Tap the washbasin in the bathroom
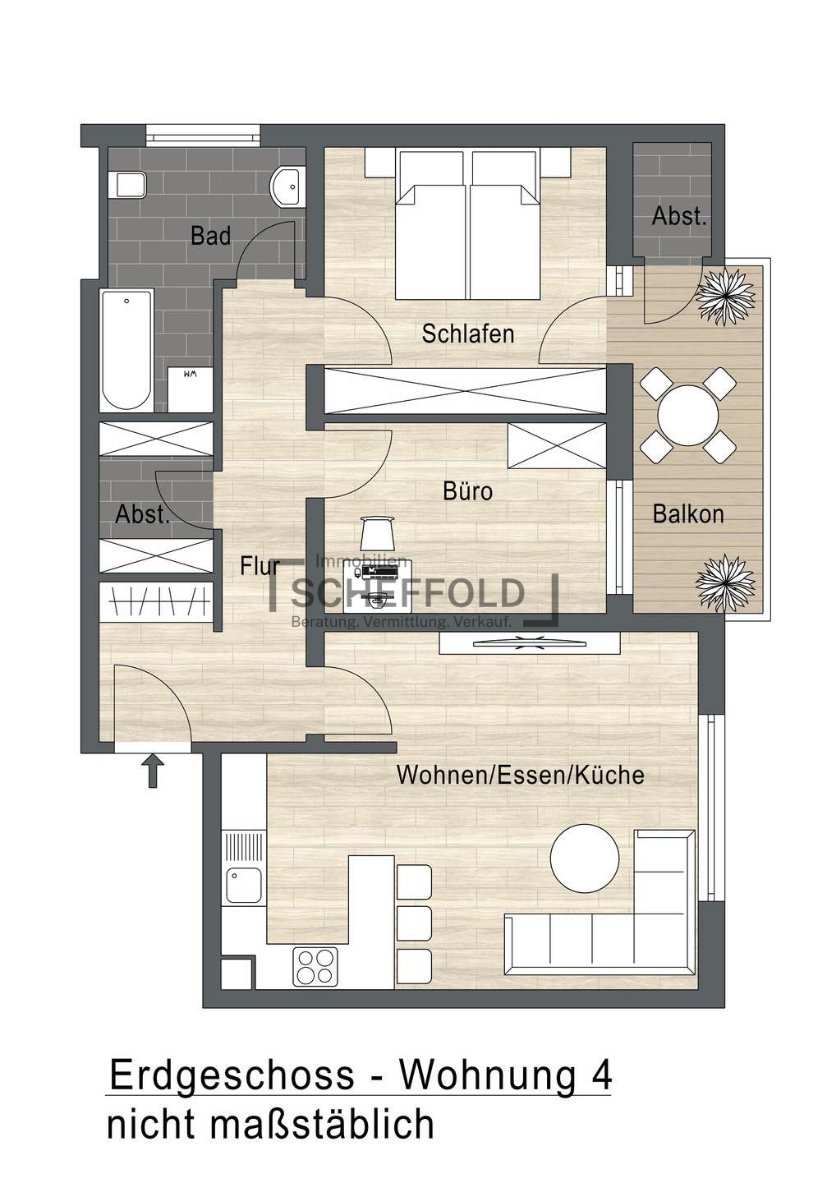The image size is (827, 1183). [287, 187]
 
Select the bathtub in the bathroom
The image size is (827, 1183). [126, 349]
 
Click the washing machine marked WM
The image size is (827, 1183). [190, 389]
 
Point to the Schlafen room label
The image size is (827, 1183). [468, 334]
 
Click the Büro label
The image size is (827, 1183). [468, 491]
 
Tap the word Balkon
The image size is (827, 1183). [688, 514]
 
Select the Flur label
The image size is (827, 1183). [260, 565]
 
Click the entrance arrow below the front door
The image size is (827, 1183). [153, 771]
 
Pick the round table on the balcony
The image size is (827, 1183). [688, 415]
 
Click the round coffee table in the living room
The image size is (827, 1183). [585, 858]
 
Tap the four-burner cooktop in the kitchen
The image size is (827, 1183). [315, 966]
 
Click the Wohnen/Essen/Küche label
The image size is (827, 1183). [520, 775]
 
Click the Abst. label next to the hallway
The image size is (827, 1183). [143, 514]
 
